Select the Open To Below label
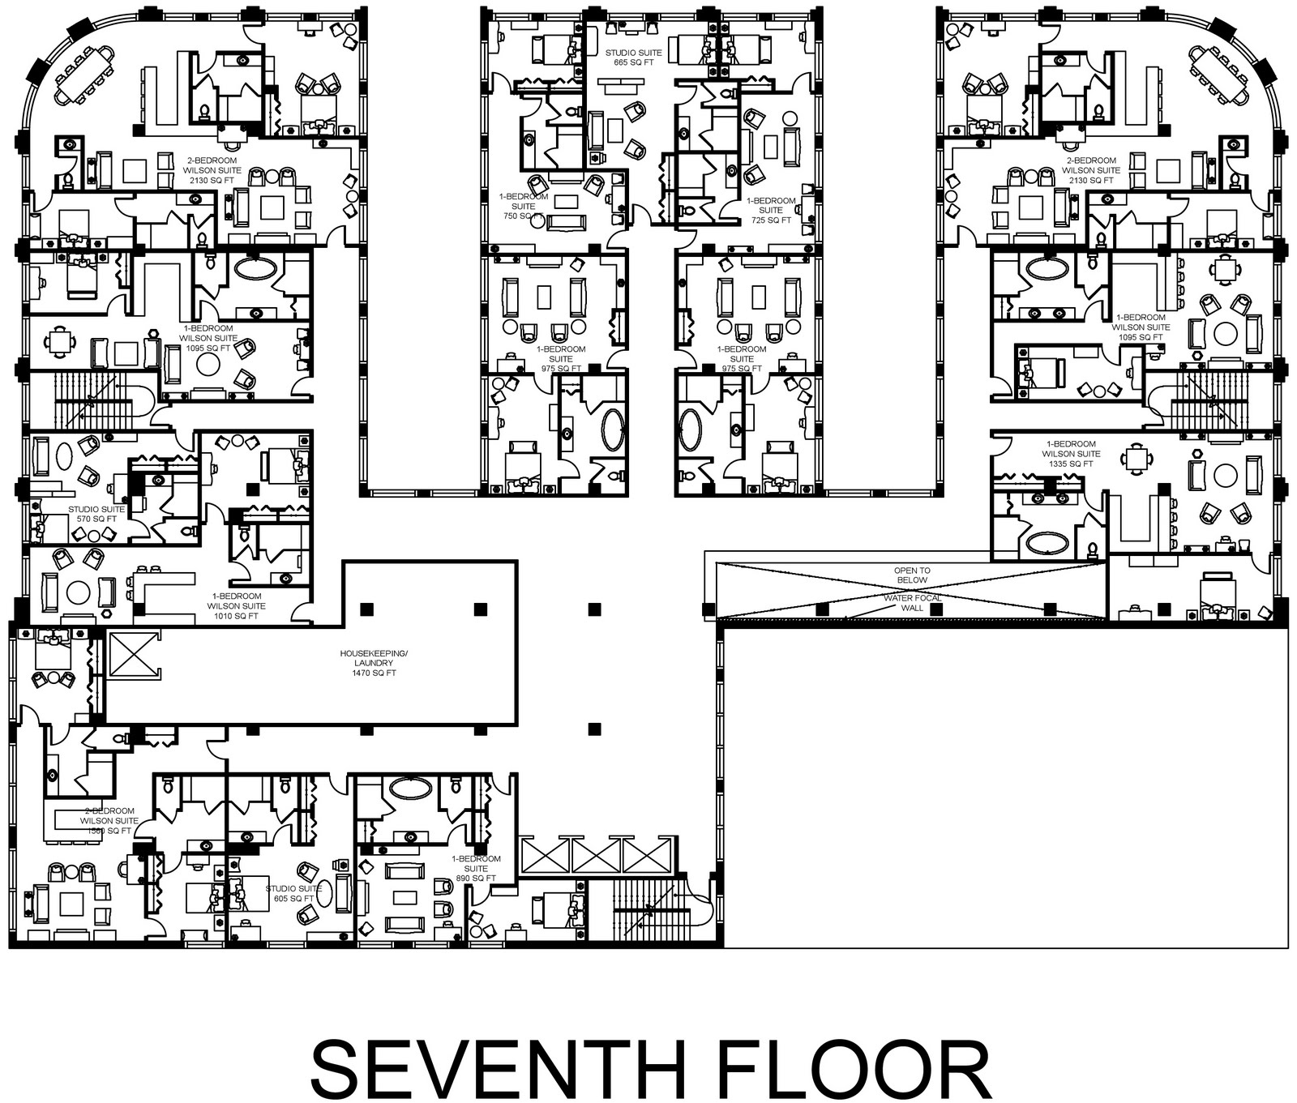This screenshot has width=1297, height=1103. (x=912, y=575)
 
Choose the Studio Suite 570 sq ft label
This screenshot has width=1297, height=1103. (x=92, y=514)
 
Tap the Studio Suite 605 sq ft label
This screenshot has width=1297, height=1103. (x=293, y=893)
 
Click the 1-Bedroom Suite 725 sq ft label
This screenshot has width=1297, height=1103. (x=770, y=210)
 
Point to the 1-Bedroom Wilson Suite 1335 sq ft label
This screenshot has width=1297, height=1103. (x=1071, y=454)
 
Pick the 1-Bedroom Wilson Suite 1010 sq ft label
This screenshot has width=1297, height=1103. (x=236, y=606)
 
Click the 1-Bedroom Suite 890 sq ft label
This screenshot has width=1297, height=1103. (x=476, y=868)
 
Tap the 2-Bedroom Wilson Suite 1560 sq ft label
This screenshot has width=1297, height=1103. (x=108, y=820)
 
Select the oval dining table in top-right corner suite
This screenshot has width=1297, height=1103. (x=1219, y=73)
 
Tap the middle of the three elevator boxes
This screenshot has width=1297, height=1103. (x=597, y=856)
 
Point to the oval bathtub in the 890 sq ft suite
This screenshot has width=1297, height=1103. (x=413, y=787)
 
